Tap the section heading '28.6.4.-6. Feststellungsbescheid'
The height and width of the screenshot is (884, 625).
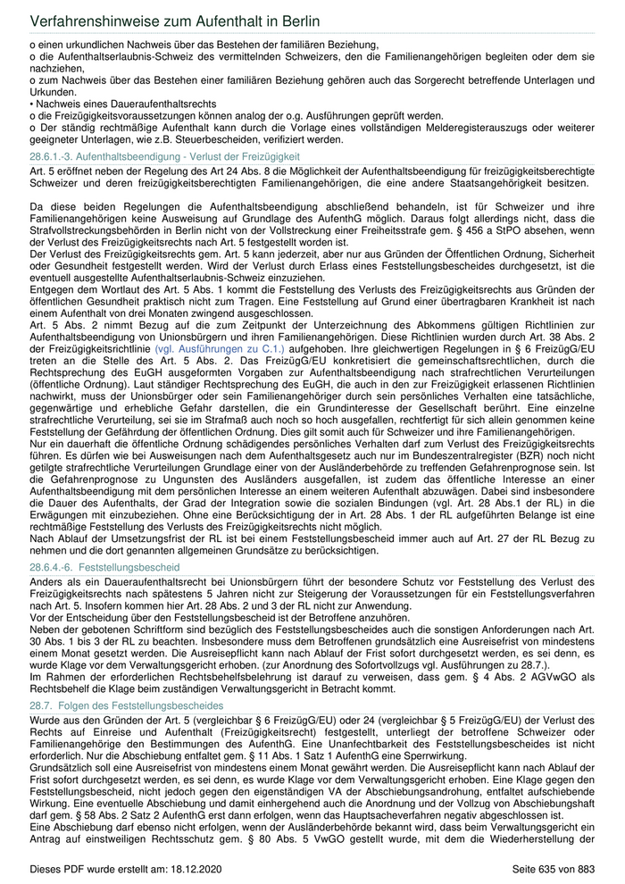(104, 566)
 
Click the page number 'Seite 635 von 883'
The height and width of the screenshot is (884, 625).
(553, 869)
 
